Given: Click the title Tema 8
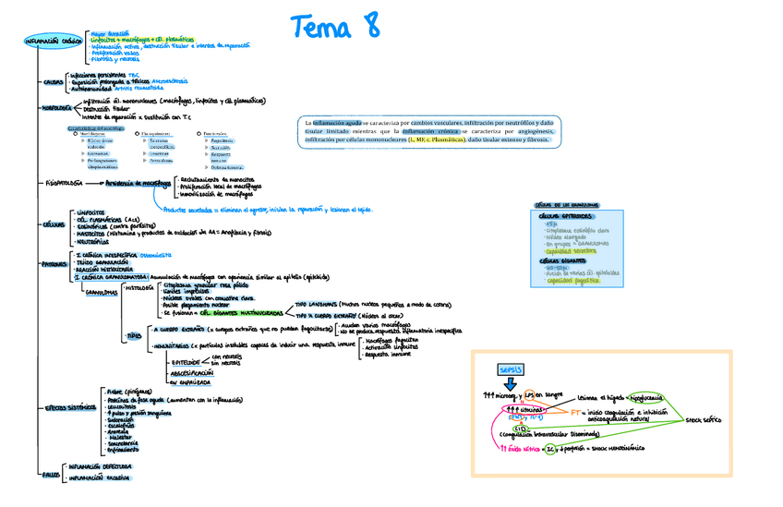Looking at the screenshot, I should [x=335, y=26].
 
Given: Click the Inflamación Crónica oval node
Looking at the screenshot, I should [x=52, y=42].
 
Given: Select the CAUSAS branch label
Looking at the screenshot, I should [x=53, y=81].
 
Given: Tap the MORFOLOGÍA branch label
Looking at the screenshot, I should [x=61, y=109].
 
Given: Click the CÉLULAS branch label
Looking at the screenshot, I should [x=54, y=224].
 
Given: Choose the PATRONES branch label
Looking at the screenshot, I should [x=55, y=264].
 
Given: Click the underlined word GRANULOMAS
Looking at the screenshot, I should [x=102, y=292].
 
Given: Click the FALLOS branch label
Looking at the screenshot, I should [x=52, y=474].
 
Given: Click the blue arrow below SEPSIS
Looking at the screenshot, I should [x=511, y=384].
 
